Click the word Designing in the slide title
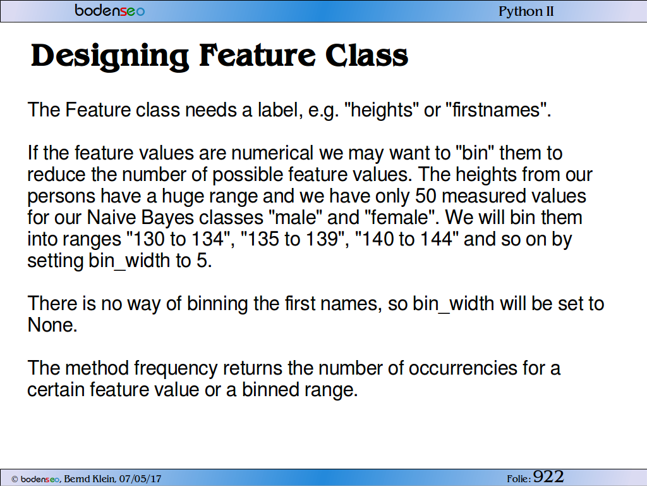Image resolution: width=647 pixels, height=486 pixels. (x=110, y=56)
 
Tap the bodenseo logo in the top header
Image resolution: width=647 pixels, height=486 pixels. (x=110, y=10)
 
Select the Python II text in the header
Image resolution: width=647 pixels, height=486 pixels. (x=526, y=11)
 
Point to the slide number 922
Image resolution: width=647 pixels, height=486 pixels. (x=548, y=477)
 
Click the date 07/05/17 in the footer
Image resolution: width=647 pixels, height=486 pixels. (x=140, y=478)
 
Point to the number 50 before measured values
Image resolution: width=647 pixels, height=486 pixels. (x=425, y=196)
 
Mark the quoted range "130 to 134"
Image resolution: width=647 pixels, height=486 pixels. (x=178, y=239)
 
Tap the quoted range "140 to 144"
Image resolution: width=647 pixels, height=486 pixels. (x=407, y=239)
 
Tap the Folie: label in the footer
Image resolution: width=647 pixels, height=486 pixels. (x=519, y=479)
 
